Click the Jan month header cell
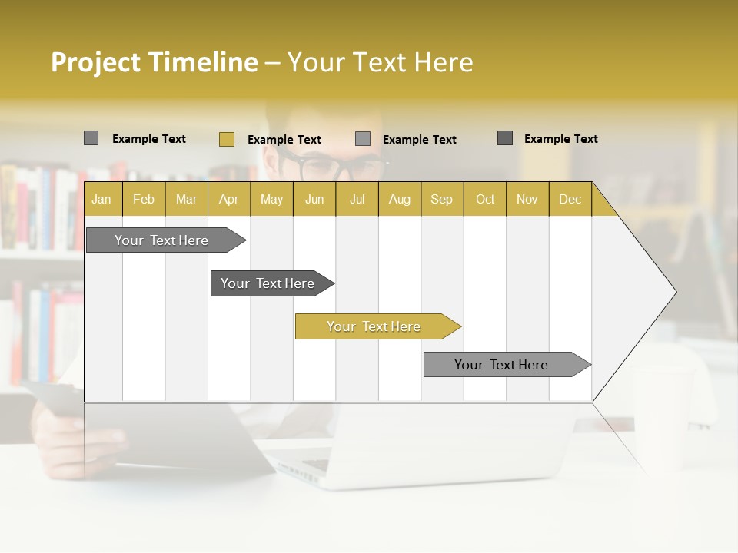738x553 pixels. coord(101,199)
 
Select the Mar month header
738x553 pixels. coord(186,199)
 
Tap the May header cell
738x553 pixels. coord(271,199)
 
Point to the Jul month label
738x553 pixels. coord(357,199)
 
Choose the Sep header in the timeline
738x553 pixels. coord(441,199)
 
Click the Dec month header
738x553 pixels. coord(570,199)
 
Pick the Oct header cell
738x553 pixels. coord(485,199)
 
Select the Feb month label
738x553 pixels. coord(144,199)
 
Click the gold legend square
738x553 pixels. coord(226,139)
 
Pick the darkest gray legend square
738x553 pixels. coord(505,138)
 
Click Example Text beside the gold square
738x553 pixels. coord(284,140)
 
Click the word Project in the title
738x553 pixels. coord(96,62)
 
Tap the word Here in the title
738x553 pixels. coord(444,62)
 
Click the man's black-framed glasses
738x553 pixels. coord(331,165)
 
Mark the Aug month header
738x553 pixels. coord(399,199)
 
